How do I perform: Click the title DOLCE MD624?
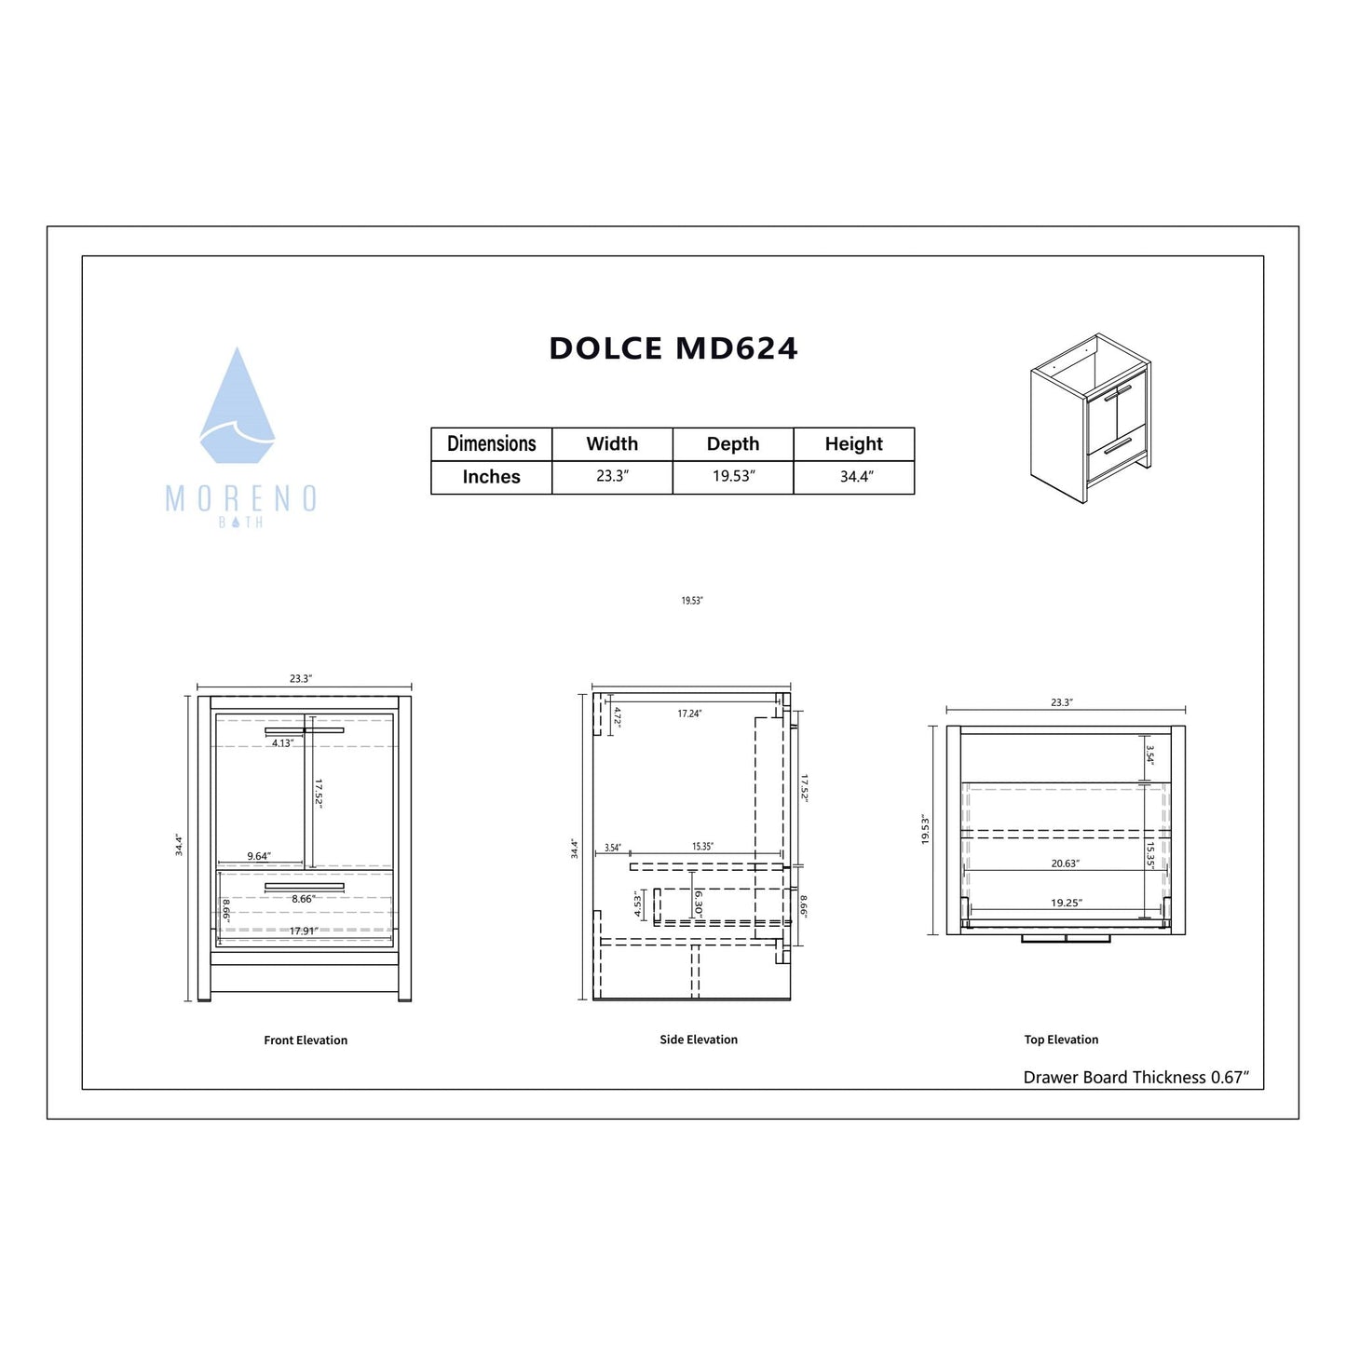[x=673, y=348]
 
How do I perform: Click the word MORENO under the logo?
[x=241, y=499]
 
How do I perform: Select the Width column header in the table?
[x=612, y=443]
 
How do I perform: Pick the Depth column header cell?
[x=733, y=443]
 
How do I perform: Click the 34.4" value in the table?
[x=856, y=477]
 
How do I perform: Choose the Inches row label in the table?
[x=491, y=477]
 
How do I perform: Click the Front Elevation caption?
[x=306, y=1040]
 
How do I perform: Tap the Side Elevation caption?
[x=699, y=1040]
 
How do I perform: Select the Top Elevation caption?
[x=1061, y=1040]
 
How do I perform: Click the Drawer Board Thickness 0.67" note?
[x=1135, y=1078]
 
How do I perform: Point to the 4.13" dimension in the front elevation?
[x=282, y=743]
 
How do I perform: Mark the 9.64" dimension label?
[x=259, y=856]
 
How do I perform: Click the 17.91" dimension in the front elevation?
[x=304, y=931]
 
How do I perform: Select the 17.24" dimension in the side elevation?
[x=689, y=714]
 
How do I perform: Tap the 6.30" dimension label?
[x=699, y=903]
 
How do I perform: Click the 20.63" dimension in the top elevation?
[x=1065, y=863]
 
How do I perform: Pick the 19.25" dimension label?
[x=1067, y=903]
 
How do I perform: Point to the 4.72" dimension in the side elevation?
[x=617, y=716]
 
